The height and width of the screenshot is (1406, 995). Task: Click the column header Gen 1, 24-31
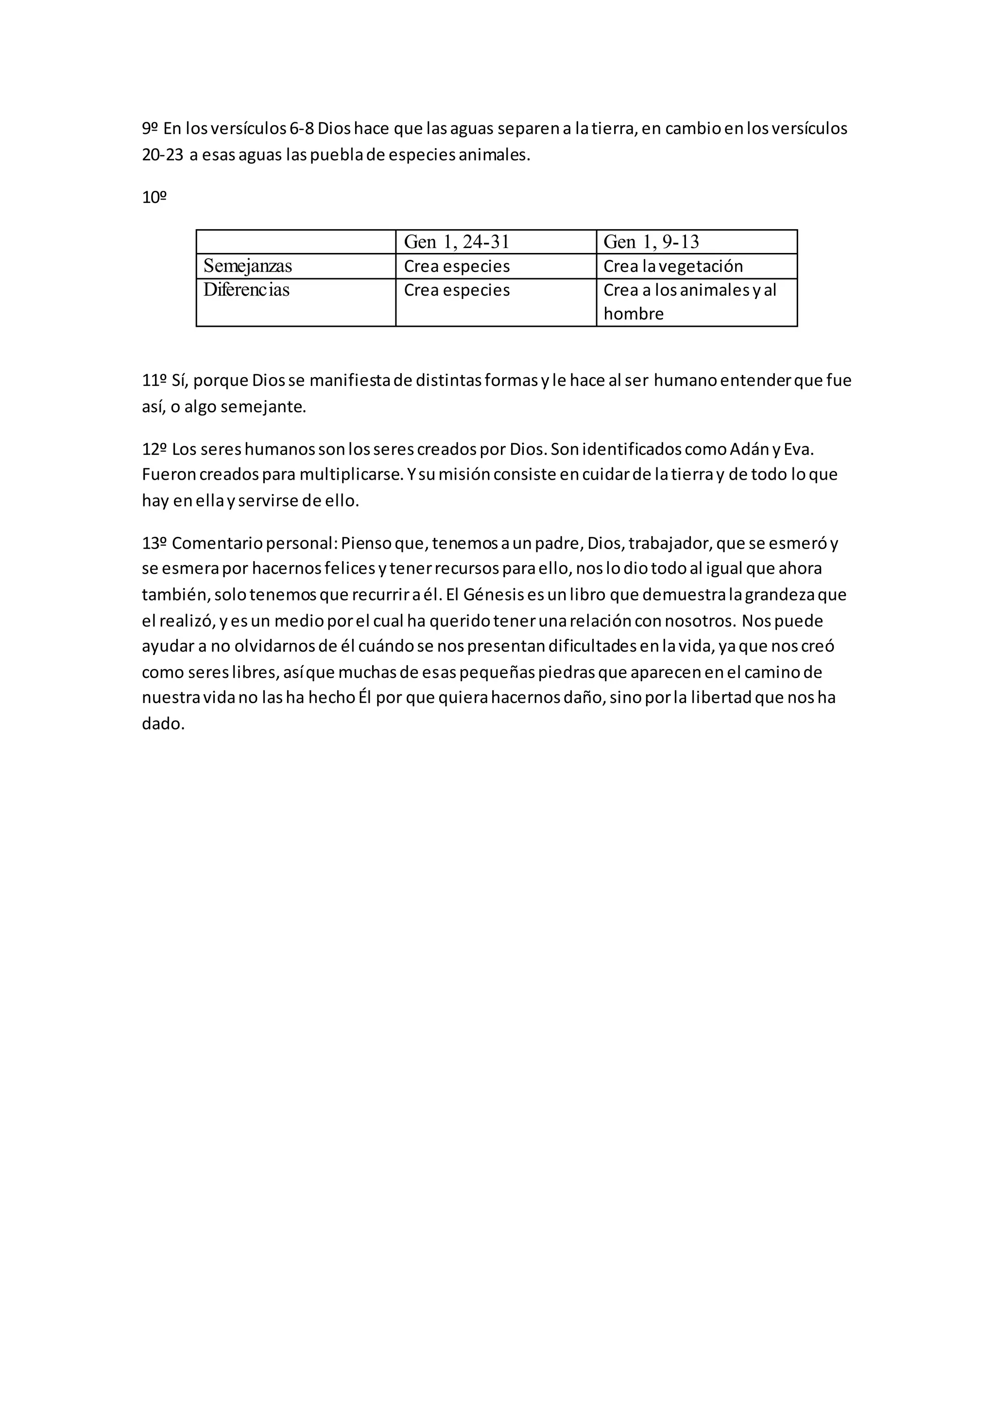pyautogui.click(x=457, y=242)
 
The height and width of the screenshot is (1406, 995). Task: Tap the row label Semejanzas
pyautogui.click(x=247, y=266)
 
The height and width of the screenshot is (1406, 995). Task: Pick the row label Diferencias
pyautogui.click(x=246, y=290)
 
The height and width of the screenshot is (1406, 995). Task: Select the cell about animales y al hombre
pyautogui.click(x=689, y=302)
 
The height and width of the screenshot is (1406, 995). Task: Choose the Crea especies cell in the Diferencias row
pyautogui.click(x=457, y=290)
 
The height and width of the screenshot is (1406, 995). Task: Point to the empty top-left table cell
pyautogui.click(x=296, y=242)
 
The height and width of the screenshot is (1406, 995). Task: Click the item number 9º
pyautogui.click(x=150, y=129)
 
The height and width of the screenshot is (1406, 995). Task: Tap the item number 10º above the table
pyautogui.click(x=154, y=198)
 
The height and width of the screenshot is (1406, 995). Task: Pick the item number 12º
pyautogui.click(x=154, y=450)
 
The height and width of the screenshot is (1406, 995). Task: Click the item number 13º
pyautogui.click(x=154, y=543)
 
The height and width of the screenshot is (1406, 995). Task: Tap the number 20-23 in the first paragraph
pyautogui.click(x=162, y=155)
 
